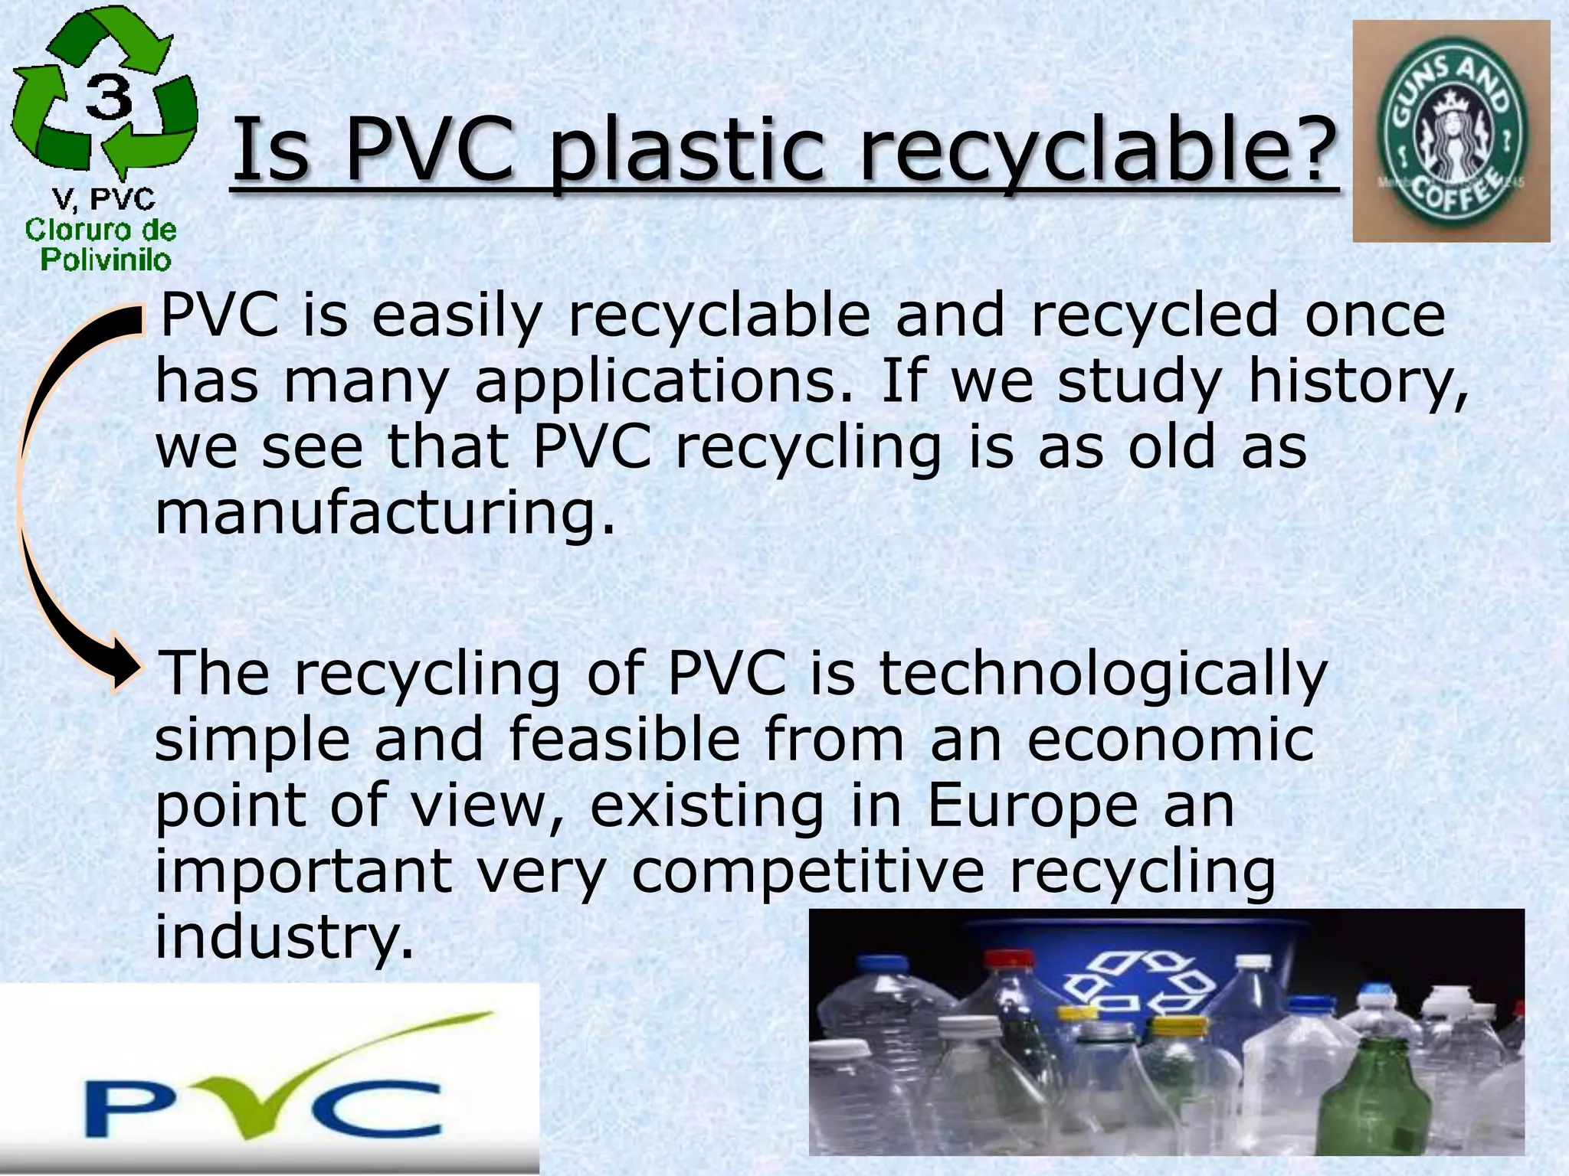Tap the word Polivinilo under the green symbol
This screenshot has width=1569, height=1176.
[x=106, y=260]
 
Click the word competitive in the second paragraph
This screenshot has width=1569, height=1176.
[x=807, y=873]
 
